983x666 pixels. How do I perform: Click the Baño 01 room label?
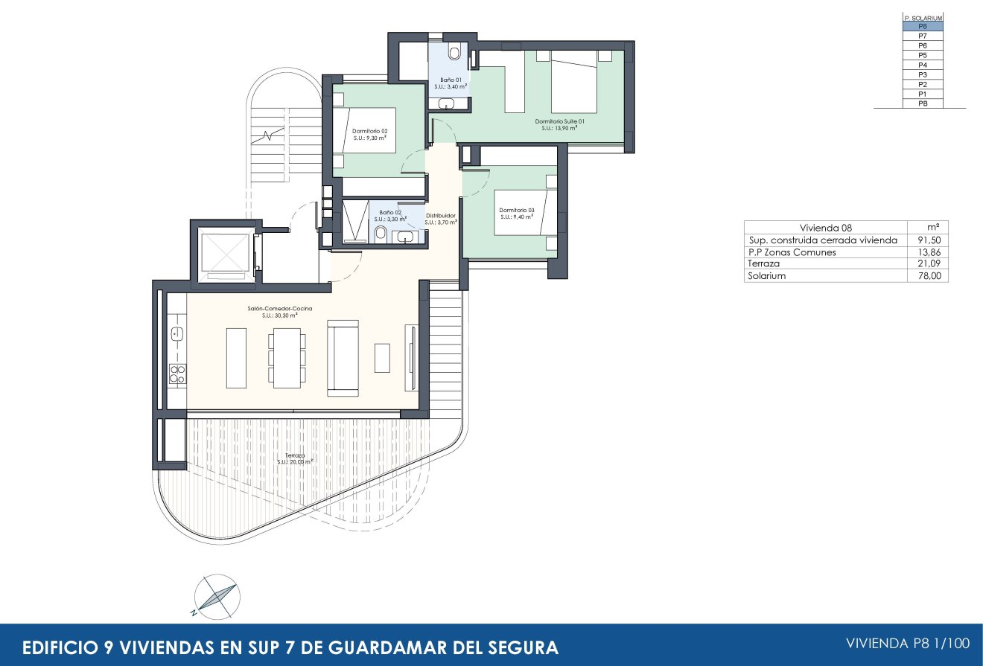click(x=449, y=83)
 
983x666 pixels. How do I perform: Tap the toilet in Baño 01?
click(x=454, y=53)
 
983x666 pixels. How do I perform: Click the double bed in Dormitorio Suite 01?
click(x=573, y=81)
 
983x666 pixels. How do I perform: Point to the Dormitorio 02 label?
click(x=370, y=134)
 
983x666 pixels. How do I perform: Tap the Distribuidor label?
click(x=441, y=219)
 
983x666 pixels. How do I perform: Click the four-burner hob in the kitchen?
click(x=177, y=374)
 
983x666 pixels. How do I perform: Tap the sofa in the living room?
click(x=343, y=358)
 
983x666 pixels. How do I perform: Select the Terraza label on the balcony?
click(x=295, y=458)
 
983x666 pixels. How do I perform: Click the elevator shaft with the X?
click(x=224, y=253)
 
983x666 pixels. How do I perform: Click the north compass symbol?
click(x=215, y=597)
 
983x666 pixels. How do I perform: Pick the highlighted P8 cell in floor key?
click(x=923, y=26)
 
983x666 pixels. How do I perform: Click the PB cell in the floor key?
click(x=923, y=103)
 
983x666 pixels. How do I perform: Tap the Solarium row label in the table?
click(x=766, y=276)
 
